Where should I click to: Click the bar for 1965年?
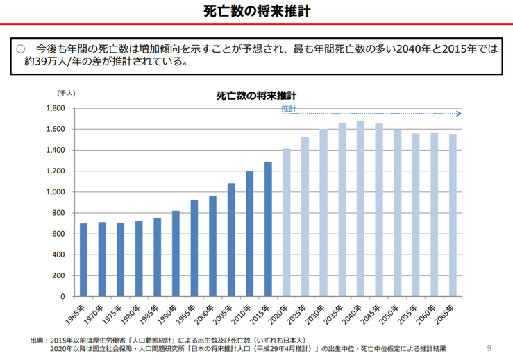pyautogui.click(x=83, y=259)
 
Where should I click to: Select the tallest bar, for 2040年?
pyautogui.click(x=360, y=208)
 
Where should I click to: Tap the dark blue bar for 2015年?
pyautogui.click(x=268, y=229)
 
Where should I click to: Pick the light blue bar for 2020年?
pyautogui.click(x=287, y=222)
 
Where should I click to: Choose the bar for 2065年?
pyautogui.click(x=453, y=215)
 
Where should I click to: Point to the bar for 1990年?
pyautogui.click(x=176, y=253)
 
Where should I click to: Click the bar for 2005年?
pyautogui.click(x=231, y=239)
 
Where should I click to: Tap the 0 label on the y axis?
pyautogui.click(x=62, y=296)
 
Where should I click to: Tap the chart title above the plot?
pyautogui.click(x=257, y=95)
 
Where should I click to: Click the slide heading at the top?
pyautogui.click(x=257, y=10)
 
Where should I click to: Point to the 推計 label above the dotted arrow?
pyautogui.click(x=289, y=109)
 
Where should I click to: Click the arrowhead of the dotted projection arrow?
pyautogui.click(x=459, y=113)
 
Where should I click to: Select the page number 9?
pyautogui.click(x=490, y=348)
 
